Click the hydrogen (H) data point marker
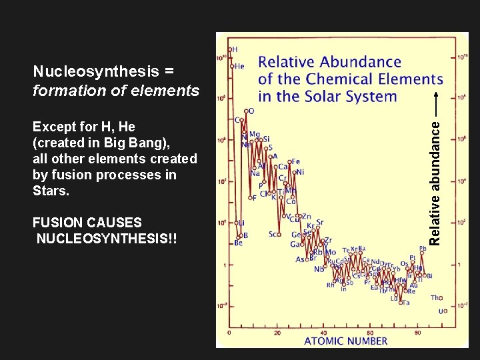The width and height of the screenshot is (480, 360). (x=230, y=50)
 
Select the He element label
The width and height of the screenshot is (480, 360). (x=239, y=67)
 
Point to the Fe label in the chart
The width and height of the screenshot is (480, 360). (x=295, y=161)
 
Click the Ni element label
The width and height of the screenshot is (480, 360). (x=299, y=172)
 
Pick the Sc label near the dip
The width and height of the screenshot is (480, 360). (x=273, y=235)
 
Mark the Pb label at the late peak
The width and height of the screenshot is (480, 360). (x=423, y=249)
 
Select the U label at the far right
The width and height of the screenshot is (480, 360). (x=441, y=311)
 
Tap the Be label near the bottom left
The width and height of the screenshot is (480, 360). (x=238, y=243)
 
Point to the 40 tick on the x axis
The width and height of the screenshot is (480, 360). (x=324, y=331)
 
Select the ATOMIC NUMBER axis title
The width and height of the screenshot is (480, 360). (x=345, y=341)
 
